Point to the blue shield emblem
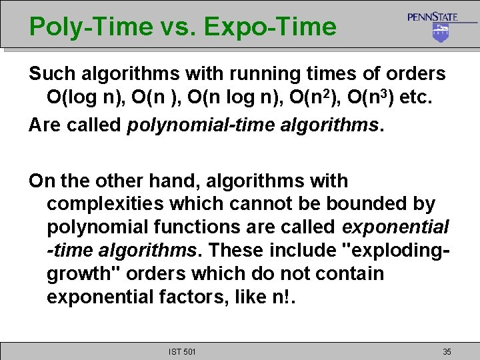click(440, 33)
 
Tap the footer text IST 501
click(181, 351)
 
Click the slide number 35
click(447, 351)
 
